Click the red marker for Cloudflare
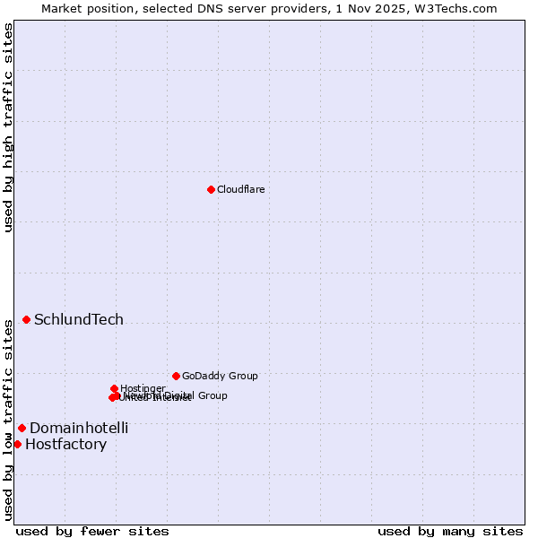tap(211, 189)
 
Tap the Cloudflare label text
tap(240, 189)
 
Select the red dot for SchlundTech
tap(27, 319)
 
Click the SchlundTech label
tap(79, 319)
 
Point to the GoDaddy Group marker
tap(176, 376)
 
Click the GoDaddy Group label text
tap(220, 376)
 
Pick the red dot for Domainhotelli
tap(22, 428)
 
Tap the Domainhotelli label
tap(79, 428)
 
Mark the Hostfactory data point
tap(17, 444)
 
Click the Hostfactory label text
tap(65, 444)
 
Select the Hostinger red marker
tap(115, 388)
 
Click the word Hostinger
tap(143, 388)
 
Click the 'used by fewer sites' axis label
tap(92, 531)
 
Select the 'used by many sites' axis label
tap(450, 531)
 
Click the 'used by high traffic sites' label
tap(9, 127)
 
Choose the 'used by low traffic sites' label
tap(9, 419)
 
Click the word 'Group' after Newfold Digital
tap(213, 395)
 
